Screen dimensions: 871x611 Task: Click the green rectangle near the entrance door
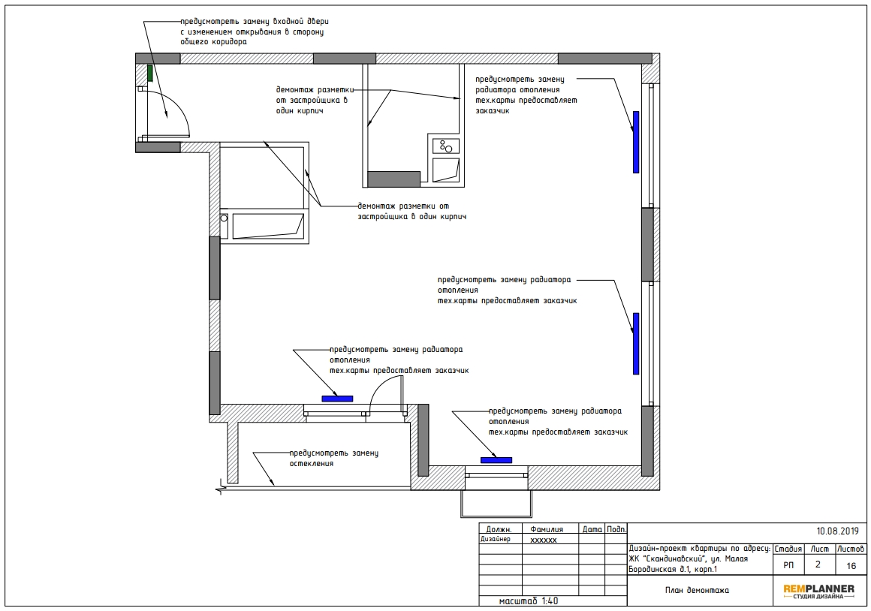[x=150, y=74]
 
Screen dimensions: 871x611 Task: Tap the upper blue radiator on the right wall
[x=636, y=142]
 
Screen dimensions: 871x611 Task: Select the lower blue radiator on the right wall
[x=636, y=343]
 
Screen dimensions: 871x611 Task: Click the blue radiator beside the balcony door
[x=337, y=399]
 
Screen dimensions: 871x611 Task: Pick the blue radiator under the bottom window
[x=496, y=460]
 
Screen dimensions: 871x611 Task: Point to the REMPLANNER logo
[x=818, y=591]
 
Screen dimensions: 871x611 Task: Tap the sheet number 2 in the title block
[x=818, y=564]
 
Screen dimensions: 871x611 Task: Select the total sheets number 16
[x=851, y=567]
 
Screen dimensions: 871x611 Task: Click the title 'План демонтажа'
[x=697, y=591]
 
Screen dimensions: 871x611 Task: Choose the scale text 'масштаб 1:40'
[x=529, y=601]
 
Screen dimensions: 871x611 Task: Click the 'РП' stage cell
[x=788, y=565]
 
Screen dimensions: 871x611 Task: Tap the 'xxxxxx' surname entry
[x=544, y=540]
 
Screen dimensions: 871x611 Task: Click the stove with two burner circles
[x=446, y=146]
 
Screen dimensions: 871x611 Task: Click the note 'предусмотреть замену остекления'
[x=334, y=458]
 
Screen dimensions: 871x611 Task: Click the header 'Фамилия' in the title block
[x=547, y=529]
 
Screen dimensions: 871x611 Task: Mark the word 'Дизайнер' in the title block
[x=495, y=539]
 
